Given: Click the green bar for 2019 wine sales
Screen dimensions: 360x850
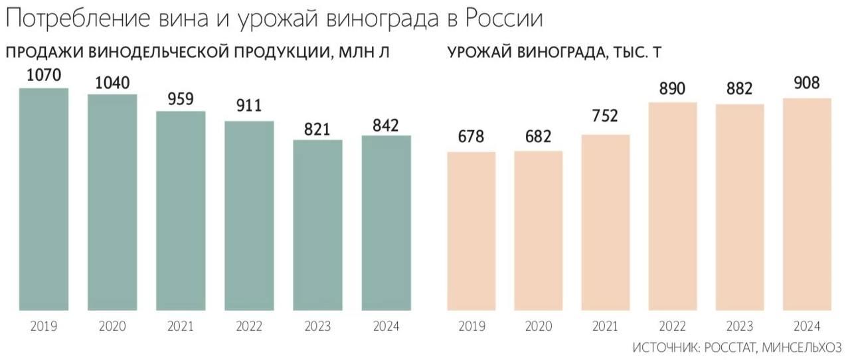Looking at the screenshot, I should [44, 199].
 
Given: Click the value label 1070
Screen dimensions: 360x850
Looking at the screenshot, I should [44, 76].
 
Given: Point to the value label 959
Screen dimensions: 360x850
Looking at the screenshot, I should [181, 99].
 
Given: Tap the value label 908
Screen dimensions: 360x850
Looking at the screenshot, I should [807, 84].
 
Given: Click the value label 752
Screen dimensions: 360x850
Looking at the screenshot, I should [605, 116].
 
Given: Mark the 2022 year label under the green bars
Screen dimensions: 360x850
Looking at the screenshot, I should [249, 326].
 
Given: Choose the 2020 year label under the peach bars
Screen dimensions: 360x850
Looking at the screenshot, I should [538, 326].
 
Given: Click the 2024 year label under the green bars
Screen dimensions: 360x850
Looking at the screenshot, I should [386, 326].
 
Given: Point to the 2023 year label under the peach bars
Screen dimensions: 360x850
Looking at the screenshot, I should [739, 326].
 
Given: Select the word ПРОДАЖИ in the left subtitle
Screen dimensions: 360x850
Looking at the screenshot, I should [44, 53].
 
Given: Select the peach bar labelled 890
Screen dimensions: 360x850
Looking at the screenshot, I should [672, 206].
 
